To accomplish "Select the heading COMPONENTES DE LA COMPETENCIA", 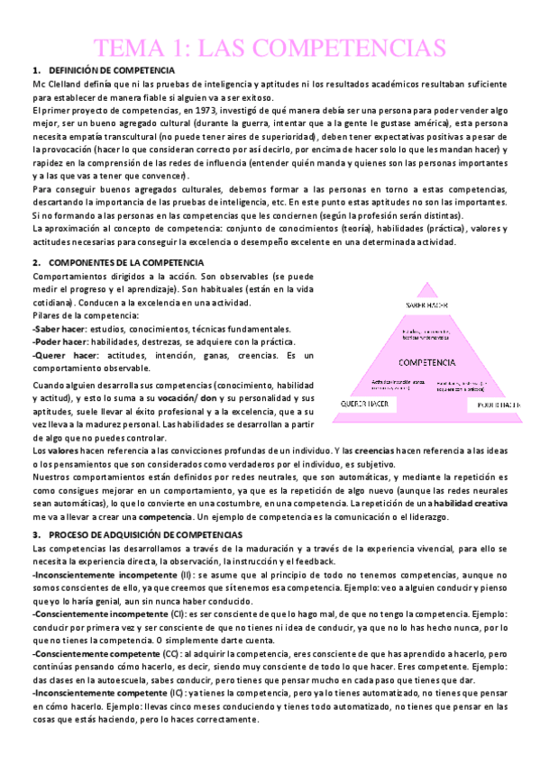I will point(116,262).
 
